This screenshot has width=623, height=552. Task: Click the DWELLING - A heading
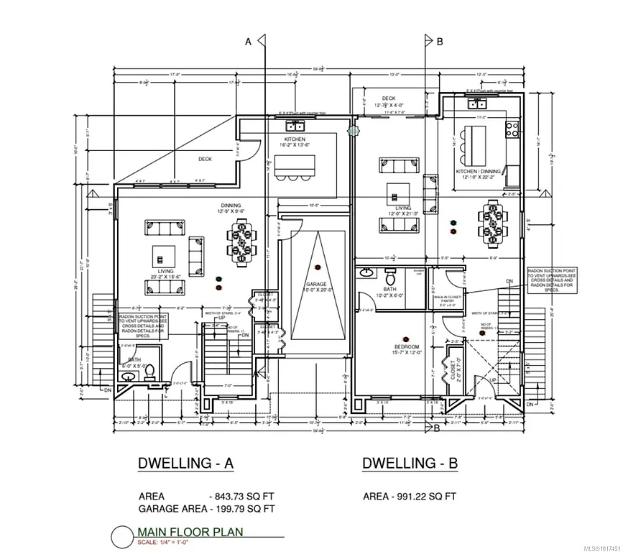[x=185, y=464]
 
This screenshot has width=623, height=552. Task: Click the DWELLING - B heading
[x=410, y=464]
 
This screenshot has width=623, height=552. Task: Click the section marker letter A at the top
[x=249, y=42]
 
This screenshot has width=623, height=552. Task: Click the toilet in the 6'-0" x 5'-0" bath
[x=150, y=369]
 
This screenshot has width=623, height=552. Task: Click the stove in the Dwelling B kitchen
[x=513, y=129]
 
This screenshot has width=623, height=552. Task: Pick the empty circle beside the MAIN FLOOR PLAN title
[x=121, y=536]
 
